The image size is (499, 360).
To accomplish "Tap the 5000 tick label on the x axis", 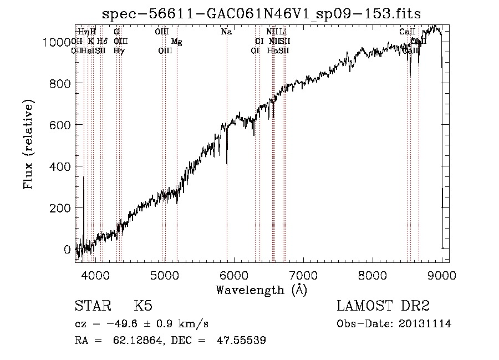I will tap(165, 275).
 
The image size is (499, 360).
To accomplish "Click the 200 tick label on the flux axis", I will tap(63, 208).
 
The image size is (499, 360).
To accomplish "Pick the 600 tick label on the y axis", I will tap(63, 125).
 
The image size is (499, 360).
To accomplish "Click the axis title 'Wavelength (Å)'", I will tap(261, 290).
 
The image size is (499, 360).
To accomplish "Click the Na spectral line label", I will tap(226, 32).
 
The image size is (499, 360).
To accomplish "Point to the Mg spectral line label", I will tap(176, 42).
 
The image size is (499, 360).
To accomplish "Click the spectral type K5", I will tap(143, 306).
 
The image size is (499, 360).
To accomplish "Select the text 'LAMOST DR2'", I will tap(383, 306).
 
